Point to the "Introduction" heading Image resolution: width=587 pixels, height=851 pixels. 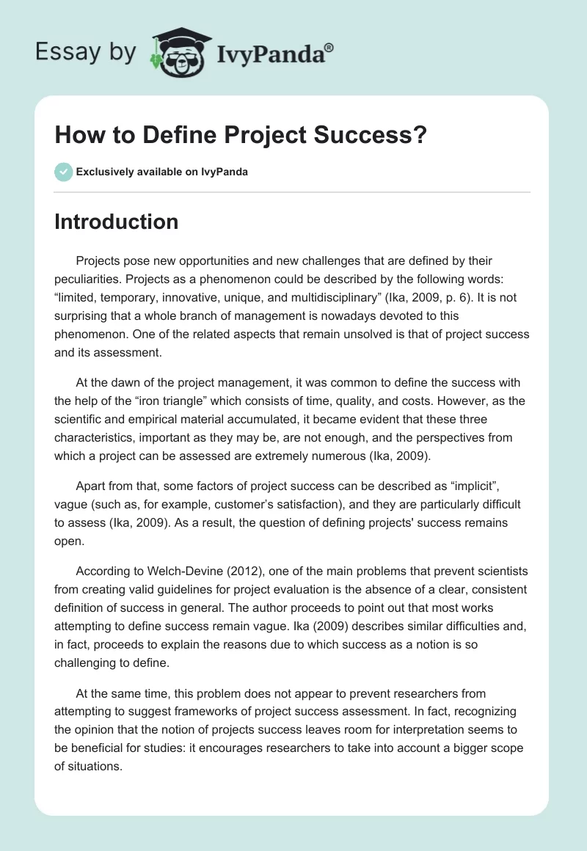(116, 222)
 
